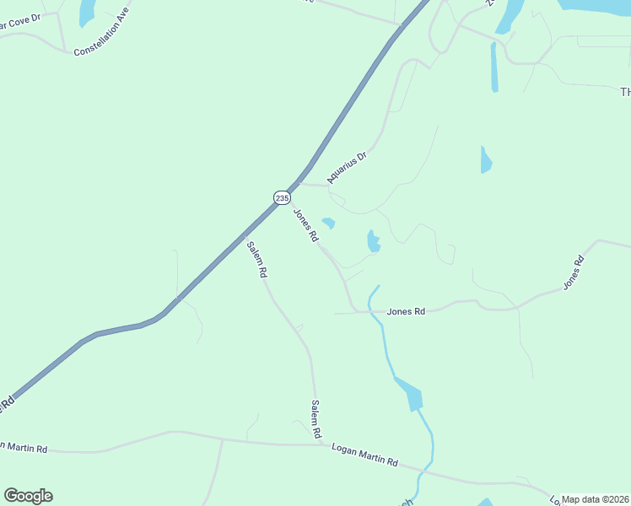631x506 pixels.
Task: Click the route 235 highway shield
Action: click(x=282, y=197)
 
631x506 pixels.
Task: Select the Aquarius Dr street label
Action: click(x=348, y=168)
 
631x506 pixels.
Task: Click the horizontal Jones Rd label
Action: click(x=406, y=311)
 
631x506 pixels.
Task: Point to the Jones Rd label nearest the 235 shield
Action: click(x=305, y=225)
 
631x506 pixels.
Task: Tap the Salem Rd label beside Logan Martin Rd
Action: click(x=316, y=419)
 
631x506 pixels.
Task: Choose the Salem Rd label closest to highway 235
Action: click(x=256, y=260)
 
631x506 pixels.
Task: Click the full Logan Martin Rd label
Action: click(x=364, y=455)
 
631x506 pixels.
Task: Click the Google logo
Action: click(x=28, y=496)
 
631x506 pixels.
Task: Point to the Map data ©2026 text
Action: click(x=596, y=499)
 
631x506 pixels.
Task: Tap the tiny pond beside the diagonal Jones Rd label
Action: click(x=329, y=223)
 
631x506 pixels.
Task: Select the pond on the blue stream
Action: click(x=409, y=394)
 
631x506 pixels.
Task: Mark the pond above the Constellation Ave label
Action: click(x=86, y=11)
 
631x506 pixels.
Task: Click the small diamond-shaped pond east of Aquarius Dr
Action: click(x=485, y=159)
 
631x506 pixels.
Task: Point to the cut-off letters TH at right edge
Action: click(x=625, y=91)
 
